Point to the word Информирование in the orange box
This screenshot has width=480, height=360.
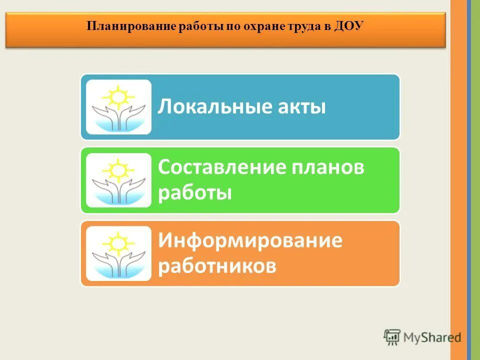click(250, 241)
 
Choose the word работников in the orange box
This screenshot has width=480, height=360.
click(217, 266)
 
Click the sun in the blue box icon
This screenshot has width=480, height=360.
click(119, 97)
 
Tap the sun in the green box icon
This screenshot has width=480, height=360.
click(119, 170)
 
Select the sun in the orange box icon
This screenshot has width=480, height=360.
click(119, 243)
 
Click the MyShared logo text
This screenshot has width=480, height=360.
click(432, 337)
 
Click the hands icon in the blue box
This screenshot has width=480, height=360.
click(119, 117)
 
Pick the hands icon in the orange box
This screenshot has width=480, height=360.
click(119, 264)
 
